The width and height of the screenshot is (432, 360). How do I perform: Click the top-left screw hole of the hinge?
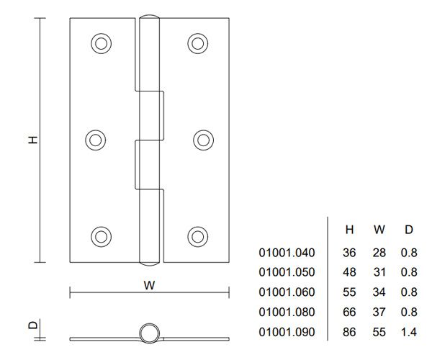(x=102, y=43)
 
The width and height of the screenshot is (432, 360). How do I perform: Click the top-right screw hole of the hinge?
(x=198, y=43)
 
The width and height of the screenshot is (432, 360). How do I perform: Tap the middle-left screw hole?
(x=96, y=140)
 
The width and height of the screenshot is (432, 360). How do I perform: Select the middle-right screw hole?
(x=203, y=140)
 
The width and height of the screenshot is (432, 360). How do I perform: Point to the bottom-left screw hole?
(x=102, y=236)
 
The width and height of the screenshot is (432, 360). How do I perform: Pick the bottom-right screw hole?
(x=198, y=236)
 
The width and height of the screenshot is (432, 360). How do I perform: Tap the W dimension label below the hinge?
(x=149, y=284)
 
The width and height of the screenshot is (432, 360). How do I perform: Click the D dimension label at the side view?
(x=32, y=325)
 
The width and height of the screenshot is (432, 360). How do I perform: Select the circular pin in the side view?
(x=149, y=332)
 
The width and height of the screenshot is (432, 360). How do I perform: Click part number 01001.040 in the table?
(x=287, y=253)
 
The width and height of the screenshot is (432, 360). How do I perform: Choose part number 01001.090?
(x=287, y=333)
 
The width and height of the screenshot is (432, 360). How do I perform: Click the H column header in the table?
(x=349, y=230)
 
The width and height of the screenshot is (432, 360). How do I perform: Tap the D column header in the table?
(x=408, y=230)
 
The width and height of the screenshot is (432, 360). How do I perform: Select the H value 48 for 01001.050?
(x=349, y=273)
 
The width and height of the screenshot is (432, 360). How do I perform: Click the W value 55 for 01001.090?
(x=379, y=333)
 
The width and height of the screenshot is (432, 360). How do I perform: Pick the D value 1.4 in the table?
(x=408, y=333)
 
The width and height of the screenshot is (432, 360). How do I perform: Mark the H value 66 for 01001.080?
(x=349, y=313)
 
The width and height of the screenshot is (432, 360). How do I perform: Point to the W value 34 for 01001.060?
(x=379, y=293)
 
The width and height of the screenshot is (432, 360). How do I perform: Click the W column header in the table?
(x=379, y=230)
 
